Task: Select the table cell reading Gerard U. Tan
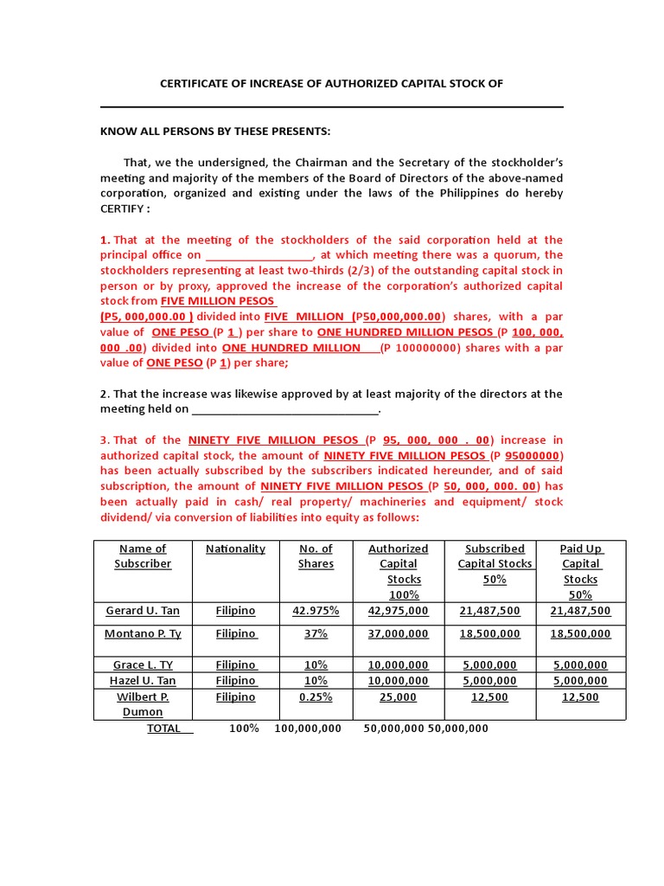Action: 143,611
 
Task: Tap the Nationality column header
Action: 235,549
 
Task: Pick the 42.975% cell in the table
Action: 316,611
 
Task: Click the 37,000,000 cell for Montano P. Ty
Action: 398,634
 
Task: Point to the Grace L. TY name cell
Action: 143,665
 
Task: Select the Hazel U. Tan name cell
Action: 143,681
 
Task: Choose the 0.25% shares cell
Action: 316,697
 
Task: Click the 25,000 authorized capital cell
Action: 398,697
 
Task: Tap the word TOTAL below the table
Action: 163,729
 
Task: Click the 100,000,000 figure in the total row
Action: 308,729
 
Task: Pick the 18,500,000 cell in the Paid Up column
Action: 580,634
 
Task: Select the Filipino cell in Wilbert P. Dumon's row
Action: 235,697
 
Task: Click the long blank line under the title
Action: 332,107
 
